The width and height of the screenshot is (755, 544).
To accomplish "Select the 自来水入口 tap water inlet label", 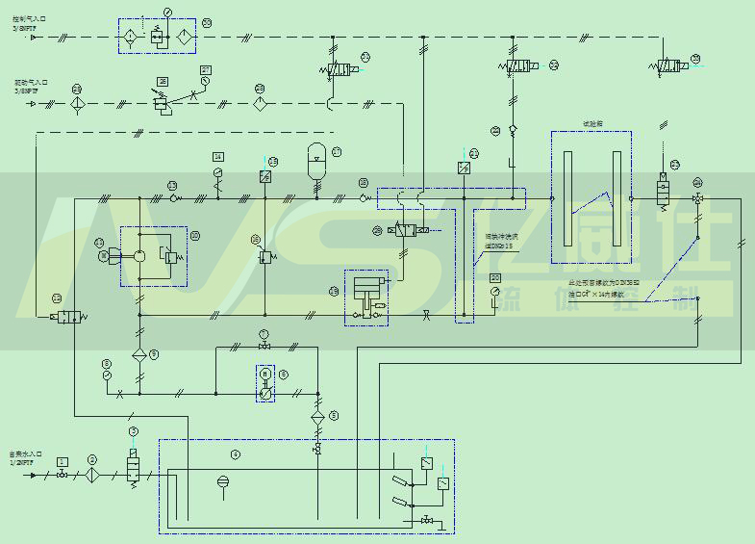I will [26, 455].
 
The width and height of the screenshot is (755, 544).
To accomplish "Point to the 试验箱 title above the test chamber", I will [591, 124].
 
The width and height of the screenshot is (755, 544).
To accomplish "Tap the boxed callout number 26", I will [164, 81].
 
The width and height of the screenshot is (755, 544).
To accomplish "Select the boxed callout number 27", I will [206, 70].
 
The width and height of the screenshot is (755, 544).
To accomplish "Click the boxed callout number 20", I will [494, 277].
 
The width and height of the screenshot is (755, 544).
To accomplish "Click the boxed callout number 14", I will [218, 157].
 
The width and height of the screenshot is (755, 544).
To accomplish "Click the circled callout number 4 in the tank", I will [235, 453].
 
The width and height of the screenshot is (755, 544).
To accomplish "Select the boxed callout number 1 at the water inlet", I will [63, 462].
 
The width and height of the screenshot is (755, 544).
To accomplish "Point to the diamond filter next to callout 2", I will [92, 475].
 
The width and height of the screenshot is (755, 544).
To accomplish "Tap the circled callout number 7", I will [264, 333].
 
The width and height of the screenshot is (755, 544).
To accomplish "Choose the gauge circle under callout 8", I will [106, 376].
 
